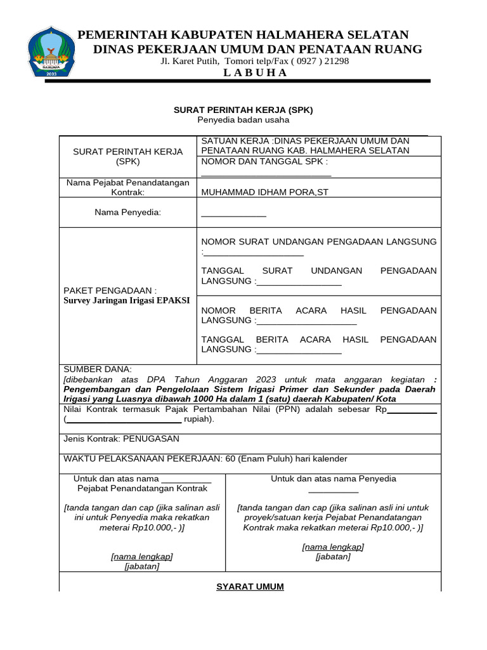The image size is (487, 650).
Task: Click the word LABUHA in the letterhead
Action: pos(256,72)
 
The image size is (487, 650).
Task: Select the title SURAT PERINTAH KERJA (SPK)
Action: pos(243,110)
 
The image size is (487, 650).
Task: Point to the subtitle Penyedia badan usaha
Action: pos(243,119)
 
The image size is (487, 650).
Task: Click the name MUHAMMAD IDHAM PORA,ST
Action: pos(265,192)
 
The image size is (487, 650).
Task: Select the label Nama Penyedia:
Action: pos(128,212)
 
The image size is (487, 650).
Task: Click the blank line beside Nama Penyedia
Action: pos(233,216)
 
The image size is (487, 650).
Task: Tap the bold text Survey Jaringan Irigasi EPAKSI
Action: pos(127,300)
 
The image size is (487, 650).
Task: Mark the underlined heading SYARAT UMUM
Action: pos(250,587)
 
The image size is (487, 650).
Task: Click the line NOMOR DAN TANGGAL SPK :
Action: pos(264,161)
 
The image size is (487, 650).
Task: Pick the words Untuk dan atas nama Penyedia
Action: pos(334,479)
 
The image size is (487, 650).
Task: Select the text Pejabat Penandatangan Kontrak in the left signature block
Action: pos(142,489)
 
